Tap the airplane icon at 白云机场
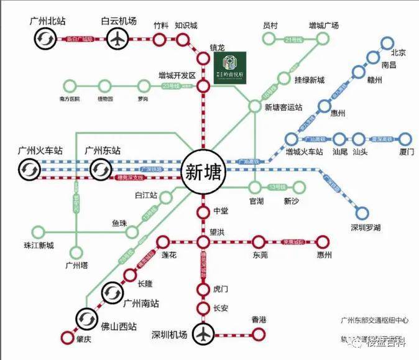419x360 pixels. [x=116, y=39]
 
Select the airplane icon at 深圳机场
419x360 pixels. [x=203, y=334]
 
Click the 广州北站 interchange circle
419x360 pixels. [x=46, y=39]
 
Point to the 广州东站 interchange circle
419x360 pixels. [x=99, y=169]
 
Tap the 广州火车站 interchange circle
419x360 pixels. [x=28, y=169]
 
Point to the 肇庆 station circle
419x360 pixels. [x=67, y=338]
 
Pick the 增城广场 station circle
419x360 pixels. [x=324, y=39]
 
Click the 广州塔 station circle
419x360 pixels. [x=76, y=252]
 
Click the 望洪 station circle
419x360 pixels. [x=203, y=242]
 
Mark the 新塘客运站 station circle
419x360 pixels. [x=255, y=106]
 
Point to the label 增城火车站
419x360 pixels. [x=305, y=151]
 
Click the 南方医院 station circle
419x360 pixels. [x=69, y=86]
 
